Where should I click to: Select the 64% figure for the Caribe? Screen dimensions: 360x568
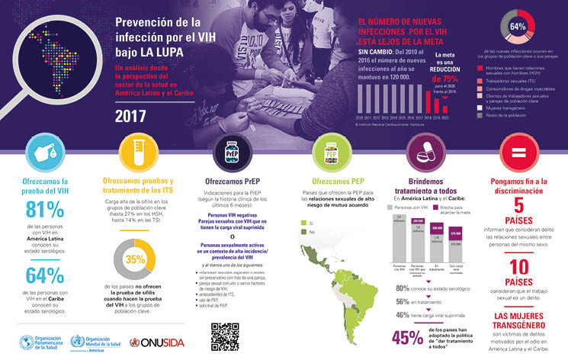coord(44,276)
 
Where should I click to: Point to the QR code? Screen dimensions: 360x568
coord(225,336)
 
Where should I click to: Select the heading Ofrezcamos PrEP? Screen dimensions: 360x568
coord(226,182)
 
